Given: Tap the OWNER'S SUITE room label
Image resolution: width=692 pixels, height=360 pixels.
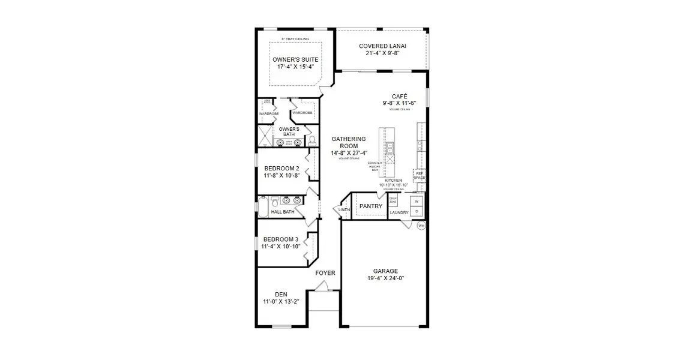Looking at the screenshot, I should pyautogui.click(x=295, y=60).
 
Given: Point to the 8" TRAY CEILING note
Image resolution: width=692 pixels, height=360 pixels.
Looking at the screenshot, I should pyautogui.click(x=295, y=39).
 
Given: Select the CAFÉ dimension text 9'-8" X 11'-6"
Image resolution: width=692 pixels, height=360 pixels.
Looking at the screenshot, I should pyautogui.click(x=399, y=103).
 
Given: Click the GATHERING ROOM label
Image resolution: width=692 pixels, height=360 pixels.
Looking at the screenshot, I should pyautogui.click(x=349, y=142).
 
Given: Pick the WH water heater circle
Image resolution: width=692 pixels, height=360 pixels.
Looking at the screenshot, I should pyautogui.click(x=421, y=226).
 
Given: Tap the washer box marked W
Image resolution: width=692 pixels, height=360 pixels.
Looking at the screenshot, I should pyautogui.click(x=417, y=201).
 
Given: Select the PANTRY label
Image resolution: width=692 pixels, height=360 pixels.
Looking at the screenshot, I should pyautogui.click(x=371, y=206).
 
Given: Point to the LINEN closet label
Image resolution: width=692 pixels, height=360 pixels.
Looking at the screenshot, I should pyautogui.click(x=344, y=210).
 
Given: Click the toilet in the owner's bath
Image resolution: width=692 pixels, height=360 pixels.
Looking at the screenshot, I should pyautogui.click(x=312, y=141).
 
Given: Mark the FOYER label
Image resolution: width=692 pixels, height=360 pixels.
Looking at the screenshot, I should pyautogui.click(x=325, y=273).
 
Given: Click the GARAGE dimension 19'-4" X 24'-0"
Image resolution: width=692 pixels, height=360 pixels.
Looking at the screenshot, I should pyautogui.click(x=386, y=278).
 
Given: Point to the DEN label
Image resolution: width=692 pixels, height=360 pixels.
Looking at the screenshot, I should pyautogui.click(x=281, y=294).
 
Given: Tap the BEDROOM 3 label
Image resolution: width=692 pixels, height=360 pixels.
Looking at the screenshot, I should pyautogui.click(x=281, y=239).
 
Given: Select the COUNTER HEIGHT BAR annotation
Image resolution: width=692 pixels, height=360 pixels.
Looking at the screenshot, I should pyautogui.click(x=375, y=166).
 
